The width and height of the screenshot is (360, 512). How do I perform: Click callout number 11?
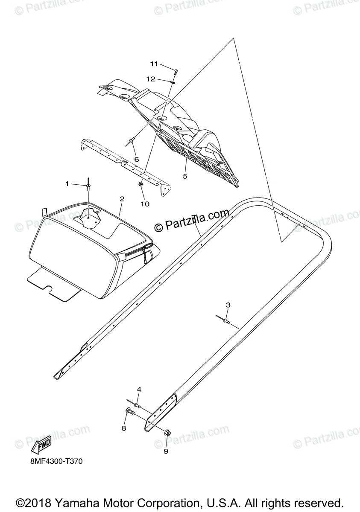pos(154,64)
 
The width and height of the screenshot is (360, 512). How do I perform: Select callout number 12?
pos(150,79)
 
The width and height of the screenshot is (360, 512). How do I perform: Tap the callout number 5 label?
pos(185,176)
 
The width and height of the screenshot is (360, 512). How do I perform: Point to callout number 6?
pos(137,159)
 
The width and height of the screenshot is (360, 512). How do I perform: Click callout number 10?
pos(145,204)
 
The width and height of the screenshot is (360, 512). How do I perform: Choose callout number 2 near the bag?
pos(122,199)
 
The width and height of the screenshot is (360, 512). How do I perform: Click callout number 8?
pos(124,428)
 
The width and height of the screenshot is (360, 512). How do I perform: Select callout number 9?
pos(166,451)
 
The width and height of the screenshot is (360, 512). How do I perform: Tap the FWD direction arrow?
pos(42,445)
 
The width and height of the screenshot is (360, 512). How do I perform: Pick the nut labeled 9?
pos(167,433)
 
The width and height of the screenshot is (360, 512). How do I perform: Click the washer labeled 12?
pos(172,81)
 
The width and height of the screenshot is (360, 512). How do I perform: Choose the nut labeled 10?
pos(140,185)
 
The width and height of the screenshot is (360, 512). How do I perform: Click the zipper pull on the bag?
pos(146,258)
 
